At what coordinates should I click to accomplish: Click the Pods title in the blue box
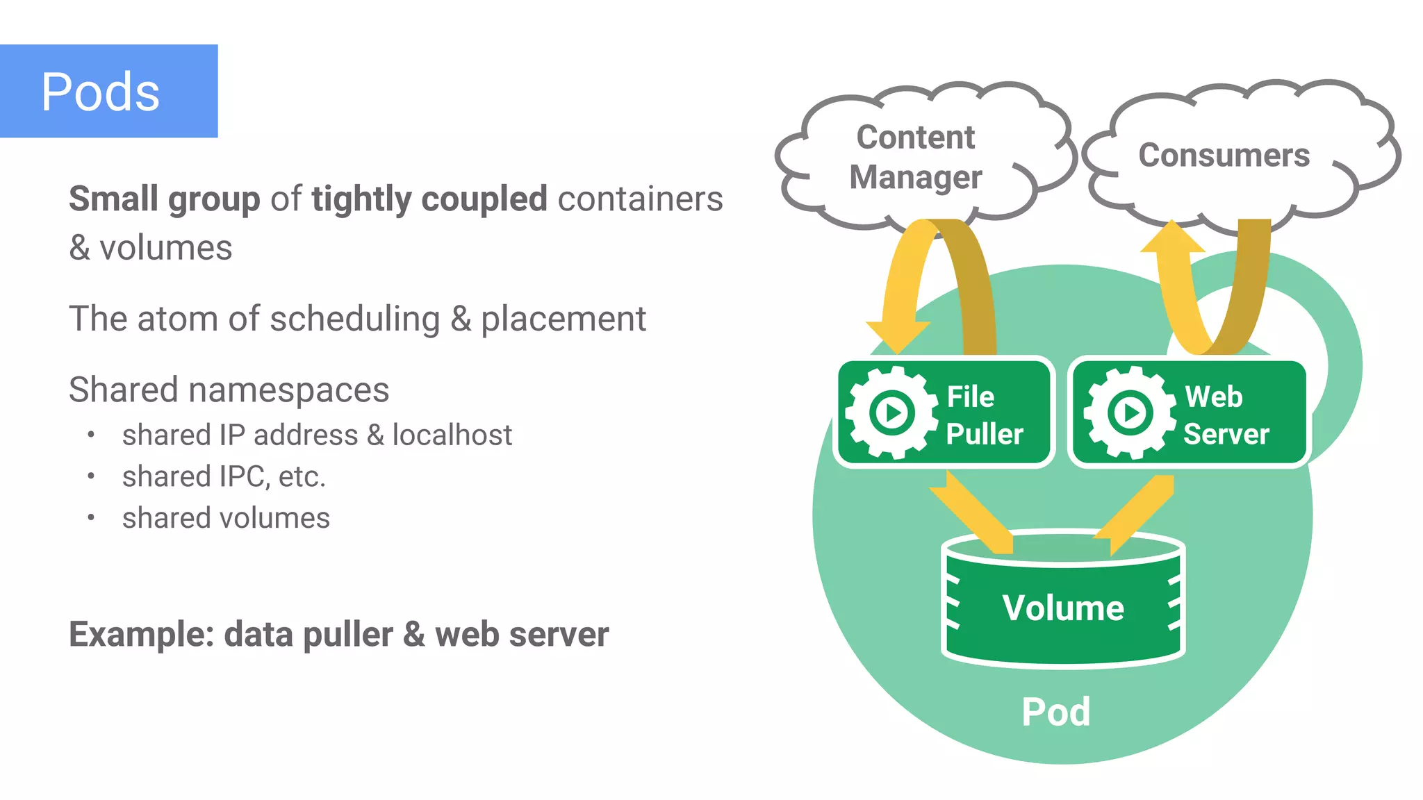pos(101,92)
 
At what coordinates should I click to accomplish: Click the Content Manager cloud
pos(915,157)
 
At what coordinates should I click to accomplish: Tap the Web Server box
pos(1189,413)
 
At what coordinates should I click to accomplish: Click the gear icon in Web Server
pos(1129,413)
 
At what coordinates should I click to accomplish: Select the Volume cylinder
pos(1062,604)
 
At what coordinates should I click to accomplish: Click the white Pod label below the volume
pos(1055,712)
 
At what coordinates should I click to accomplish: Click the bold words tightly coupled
pos(429,199)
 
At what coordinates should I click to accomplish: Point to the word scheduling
pos(354,319)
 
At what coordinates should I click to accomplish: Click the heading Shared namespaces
pos(229,390)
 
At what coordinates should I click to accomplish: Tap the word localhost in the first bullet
pos(452,435)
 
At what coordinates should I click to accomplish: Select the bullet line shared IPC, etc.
pos(224,477)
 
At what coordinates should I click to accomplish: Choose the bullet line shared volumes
pos(226,518)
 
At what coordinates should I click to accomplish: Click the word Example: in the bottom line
pos(141,635)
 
